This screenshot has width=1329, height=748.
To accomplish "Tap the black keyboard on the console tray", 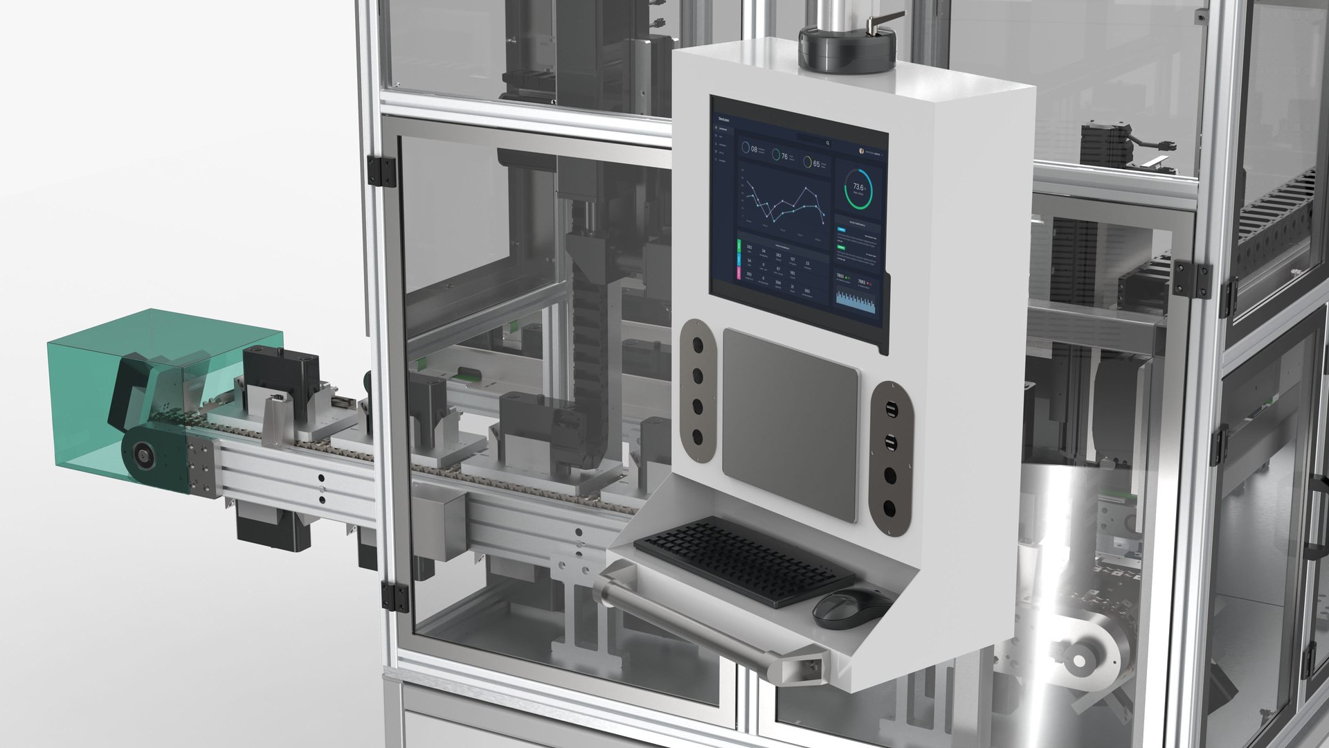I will coord(743,559).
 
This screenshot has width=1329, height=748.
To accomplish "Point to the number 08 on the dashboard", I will coord(752,149).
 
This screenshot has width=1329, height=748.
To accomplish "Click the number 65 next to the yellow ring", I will coord(816,164).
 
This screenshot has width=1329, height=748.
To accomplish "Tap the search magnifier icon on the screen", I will coord(828,143).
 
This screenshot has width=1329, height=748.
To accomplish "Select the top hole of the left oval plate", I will coord(696,344).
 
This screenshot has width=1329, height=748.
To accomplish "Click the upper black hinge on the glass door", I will coord(381,171).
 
